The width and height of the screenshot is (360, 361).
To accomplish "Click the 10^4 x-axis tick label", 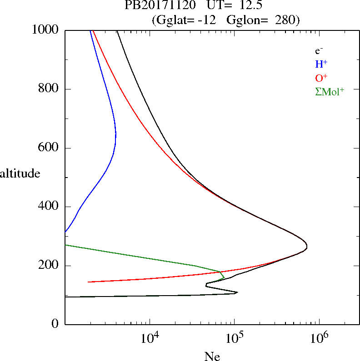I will (150, 339).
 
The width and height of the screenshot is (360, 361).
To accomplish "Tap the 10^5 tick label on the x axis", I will (234, 339).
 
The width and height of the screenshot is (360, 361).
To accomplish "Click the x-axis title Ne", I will (212, 357).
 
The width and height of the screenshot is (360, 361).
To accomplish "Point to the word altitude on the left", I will (20, 173).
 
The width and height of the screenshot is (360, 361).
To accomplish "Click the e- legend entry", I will (319, 51).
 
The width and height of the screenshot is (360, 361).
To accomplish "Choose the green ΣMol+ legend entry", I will (330, 91).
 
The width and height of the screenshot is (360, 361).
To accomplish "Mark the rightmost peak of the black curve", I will (307, 247).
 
